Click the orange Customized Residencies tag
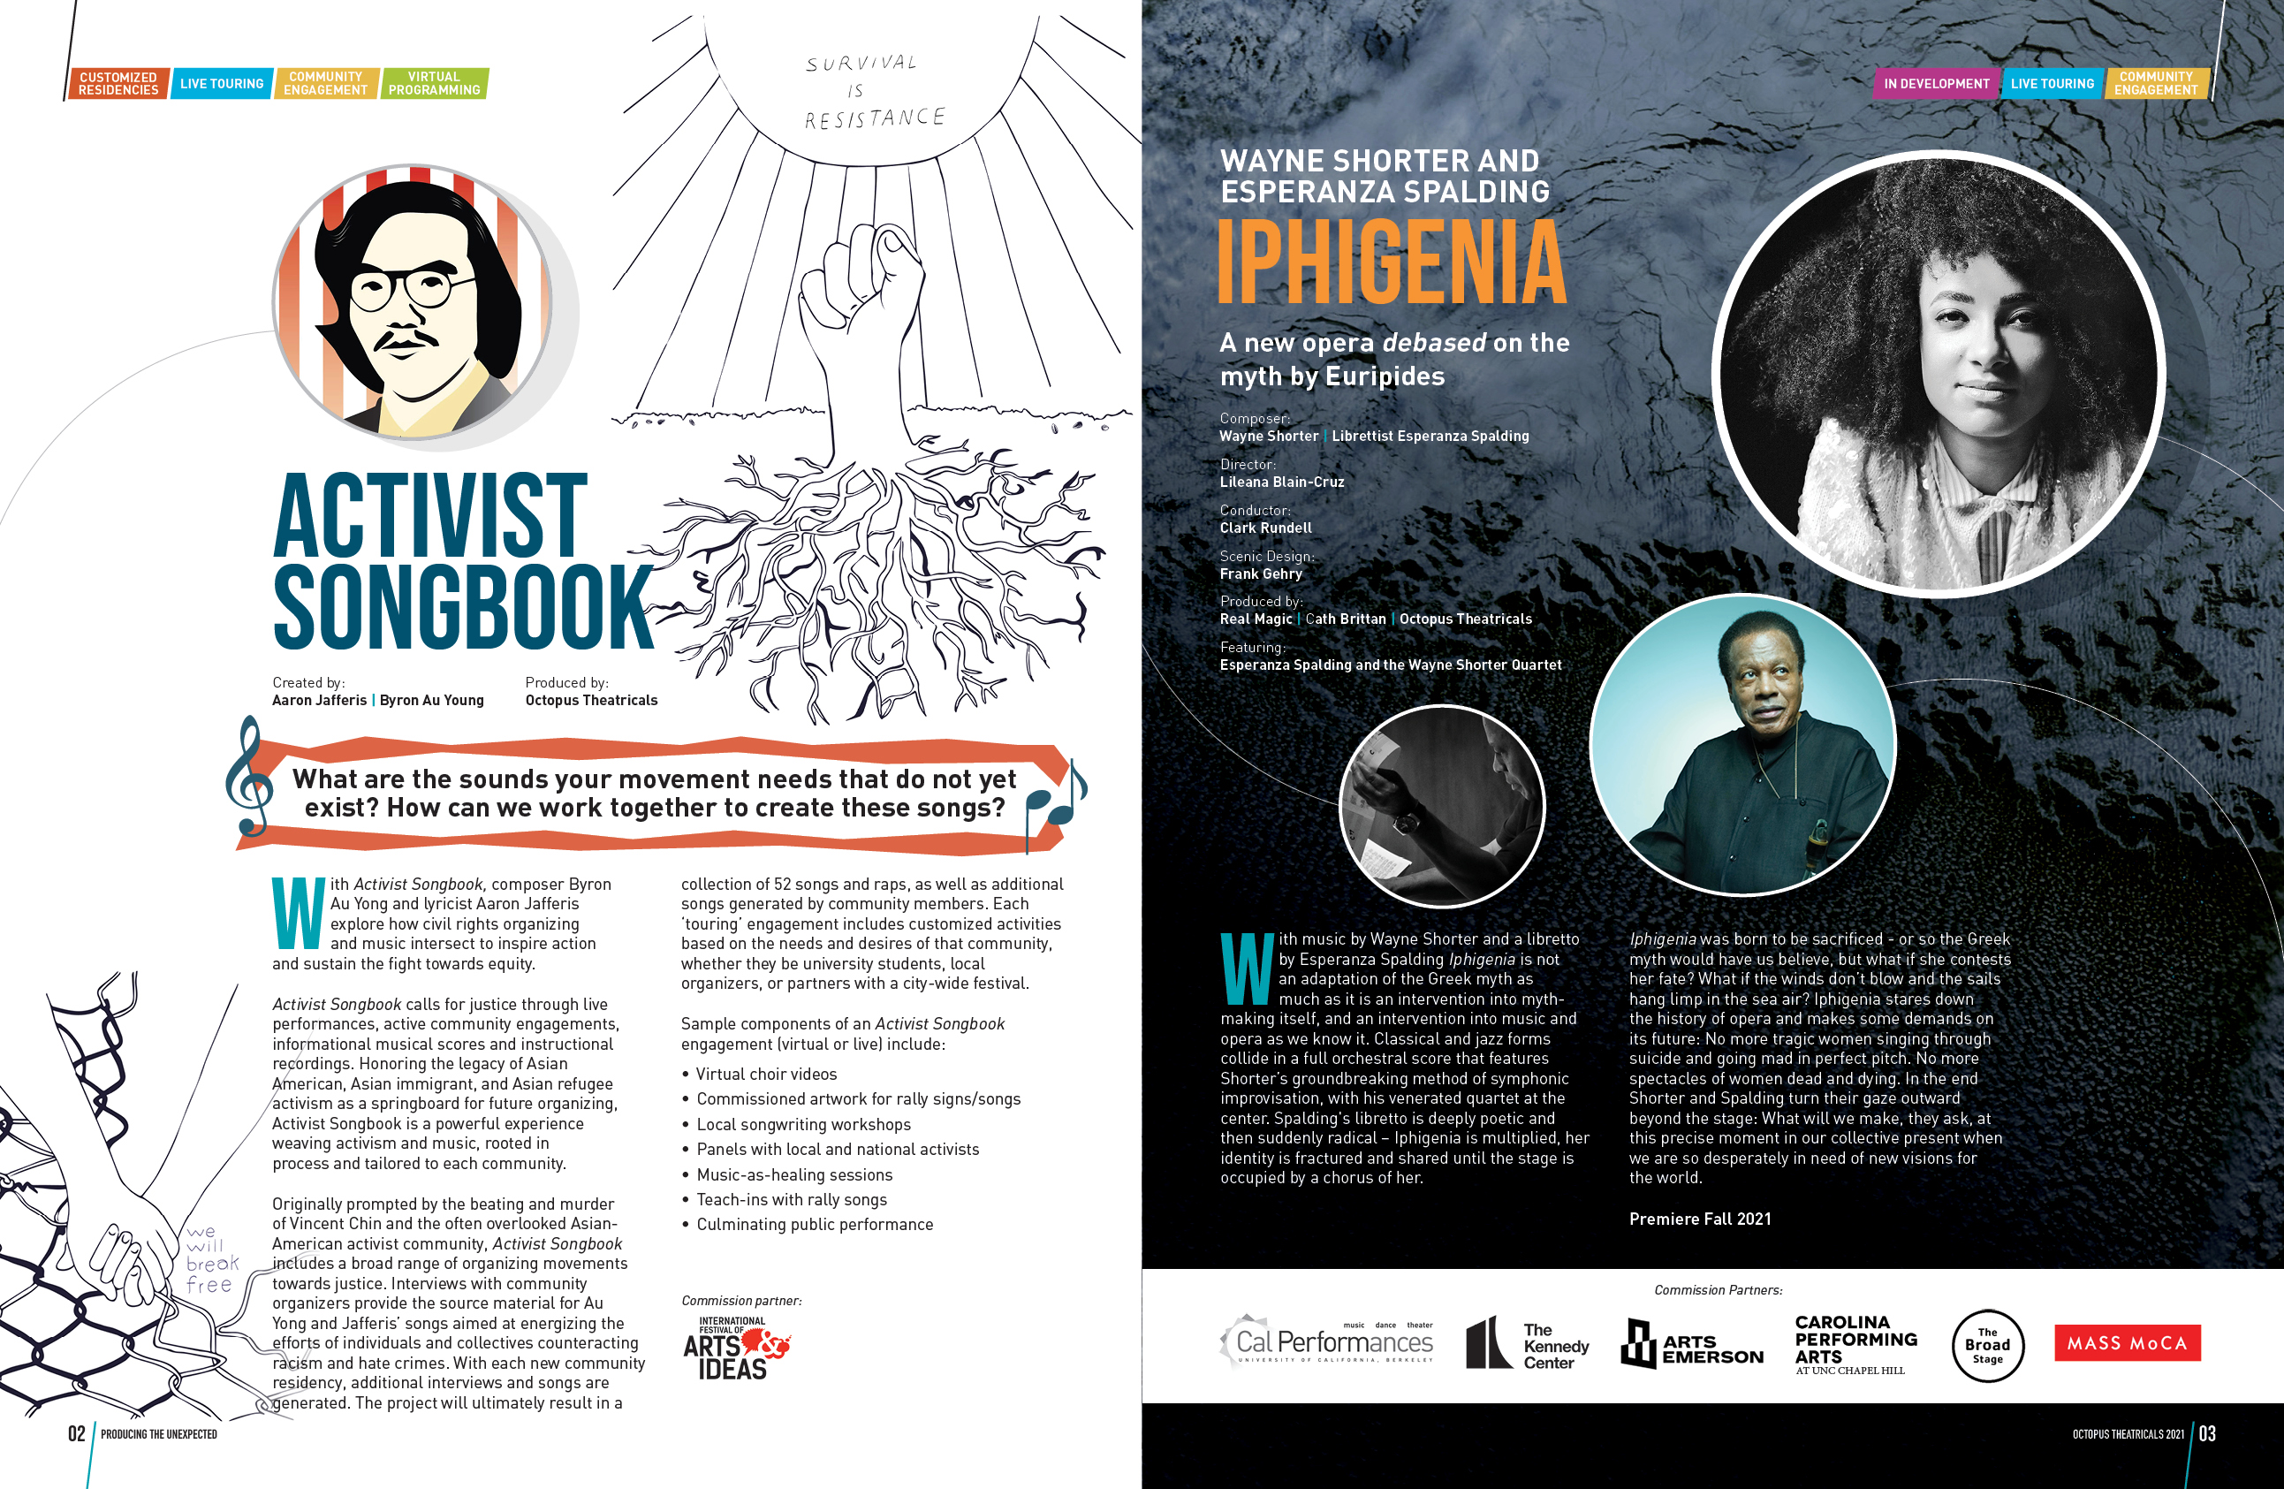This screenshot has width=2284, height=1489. [x=118, y=84]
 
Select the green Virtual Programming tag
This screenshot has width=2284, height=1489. [x=434, y=84]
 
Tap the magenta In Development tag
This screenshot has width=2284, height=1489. [x=1936, y=84]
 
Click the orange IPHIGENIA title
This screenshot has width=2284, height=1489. [x=1391, y=261]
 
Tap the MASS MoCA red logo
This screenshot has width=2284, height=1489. [x=2127, y=1343]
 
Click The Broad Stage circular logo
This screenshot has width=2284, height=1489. [x=1986, y=1345]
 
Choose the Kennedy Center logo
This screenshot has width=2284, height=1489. [x=1527, y=1344]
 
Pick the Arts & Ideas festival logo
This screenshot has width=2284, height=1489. [x=734, y=1348]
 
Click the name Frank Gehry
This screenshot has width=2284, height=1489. [x=1261, y=574]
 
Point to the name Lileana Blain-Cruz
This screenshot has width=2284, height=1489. [x=1281, y=482]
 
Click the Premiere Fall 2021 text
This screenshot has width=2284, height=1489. [x=1700, y=1219]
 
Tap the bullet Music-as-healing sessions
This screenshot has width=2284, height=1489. [x=793, y=1175]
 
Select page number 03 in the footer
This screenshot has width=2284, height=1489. [x=2207, y=1433]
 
